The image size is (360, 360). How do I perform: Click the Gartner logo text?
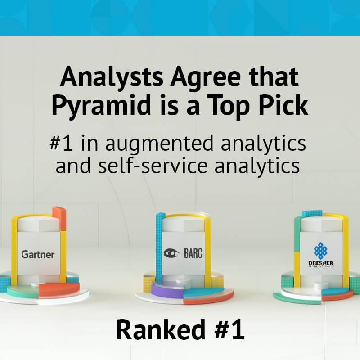tap(38, 254)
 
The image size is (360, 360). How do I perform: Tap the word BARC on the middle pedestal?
tap(193, 253)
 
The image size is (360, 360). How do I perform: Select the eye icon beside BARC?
tap(171, 253)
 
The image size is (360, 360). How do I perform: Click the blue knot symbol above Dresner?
tap(320, 251)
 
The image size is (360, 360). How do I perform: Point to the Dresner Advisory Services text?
tap(321, 264)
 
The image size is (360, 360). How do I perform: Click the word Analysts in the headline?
tap(112, 77)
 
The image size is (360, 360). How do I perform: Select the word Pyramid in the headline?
tap(101, 105)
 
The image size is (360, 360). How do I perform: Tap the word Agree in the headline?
tap(206, 77)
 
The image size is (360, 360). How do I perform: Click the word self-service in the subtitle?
tap(153, 166)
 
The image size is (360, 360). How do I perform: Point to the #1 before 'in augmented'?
tap(61, 143)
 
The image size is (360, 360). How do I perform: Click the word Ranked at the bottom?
tap(161, 329)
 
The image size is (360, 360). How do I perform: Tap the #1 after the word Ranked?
tap(229, 329)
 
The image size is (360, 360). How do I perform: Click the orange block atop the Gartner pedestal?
tap(59, 218)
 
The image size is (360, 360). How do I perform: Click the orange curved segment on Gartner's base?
tap(59, 289)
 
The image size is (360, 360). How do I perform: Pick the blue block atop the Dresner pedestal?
tap(312, 213)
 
